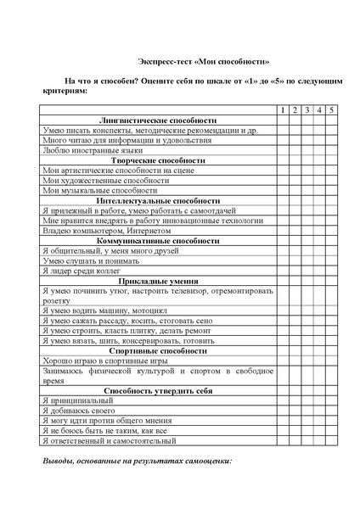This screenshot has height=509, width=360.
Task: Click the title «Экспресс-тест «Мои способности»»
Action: [x=204, y=62]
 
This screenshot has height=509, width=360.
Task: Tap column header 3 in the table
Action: [x=307, y=110]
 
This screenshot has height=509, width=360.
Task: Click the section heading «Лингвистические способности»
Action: [x=158, y=120]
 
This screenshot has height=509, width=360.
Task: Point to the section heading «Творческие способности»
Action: [x=158, y=160]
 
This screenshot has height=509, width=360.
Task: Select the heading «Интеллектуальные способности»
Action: [x=158, y=200]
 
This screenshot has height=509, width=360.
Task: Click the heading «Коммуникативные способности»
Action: [x=158, y=240]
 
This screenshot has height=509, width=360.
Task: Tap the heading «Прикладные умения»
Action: [x=158, y=280]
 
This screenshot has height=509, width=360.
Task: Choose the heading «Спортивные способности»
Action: [x=158, y=350]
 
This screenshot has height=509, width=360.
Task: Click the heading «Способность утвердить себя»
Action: [x=158, y=390]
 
